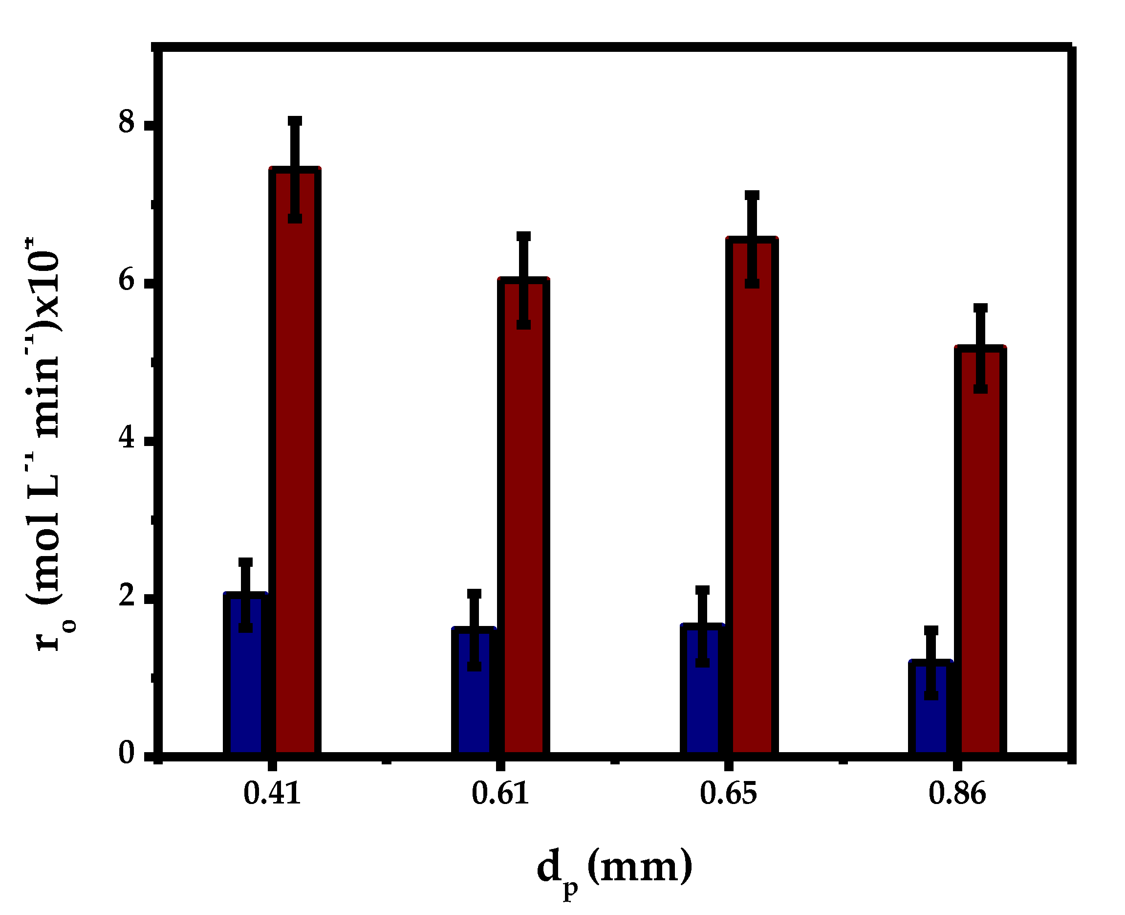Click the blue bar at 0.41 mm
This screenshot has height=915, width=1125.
[245, 685]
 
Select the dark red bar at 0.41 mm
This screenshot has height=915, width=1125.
[295, 474]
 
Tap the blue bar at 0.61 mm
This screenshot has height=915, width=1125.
[474, 701]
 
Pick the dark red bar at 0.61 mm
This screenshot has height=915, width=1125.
[523, 527]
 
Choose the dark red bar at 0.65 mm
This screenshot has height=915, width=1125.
[752, 506]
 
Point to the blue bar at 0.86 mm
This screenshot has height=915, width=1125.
[930, 717]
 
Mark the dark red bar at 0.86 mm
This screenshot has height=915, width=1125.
[980, 558]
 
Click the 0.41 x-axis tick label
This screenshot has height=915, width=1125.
[272, 794]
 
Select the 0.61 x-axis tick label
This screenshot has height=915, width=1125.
[500, 794]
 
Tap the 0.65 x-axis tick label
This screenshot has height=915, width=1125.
[728, 794]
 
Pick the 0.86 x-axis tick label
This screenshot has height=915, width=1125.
[956, 794]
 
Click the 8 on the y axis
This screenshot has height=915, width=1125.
[127, 123]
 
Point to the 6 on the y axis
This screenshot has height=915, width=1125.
[127, 280]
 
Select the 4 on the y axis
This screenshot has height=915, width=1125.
[127, 438]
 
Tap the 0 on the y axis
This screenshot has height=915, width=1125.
[127, 753]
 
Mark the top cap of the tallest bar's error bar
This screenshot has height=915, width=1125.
[295, 121]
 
